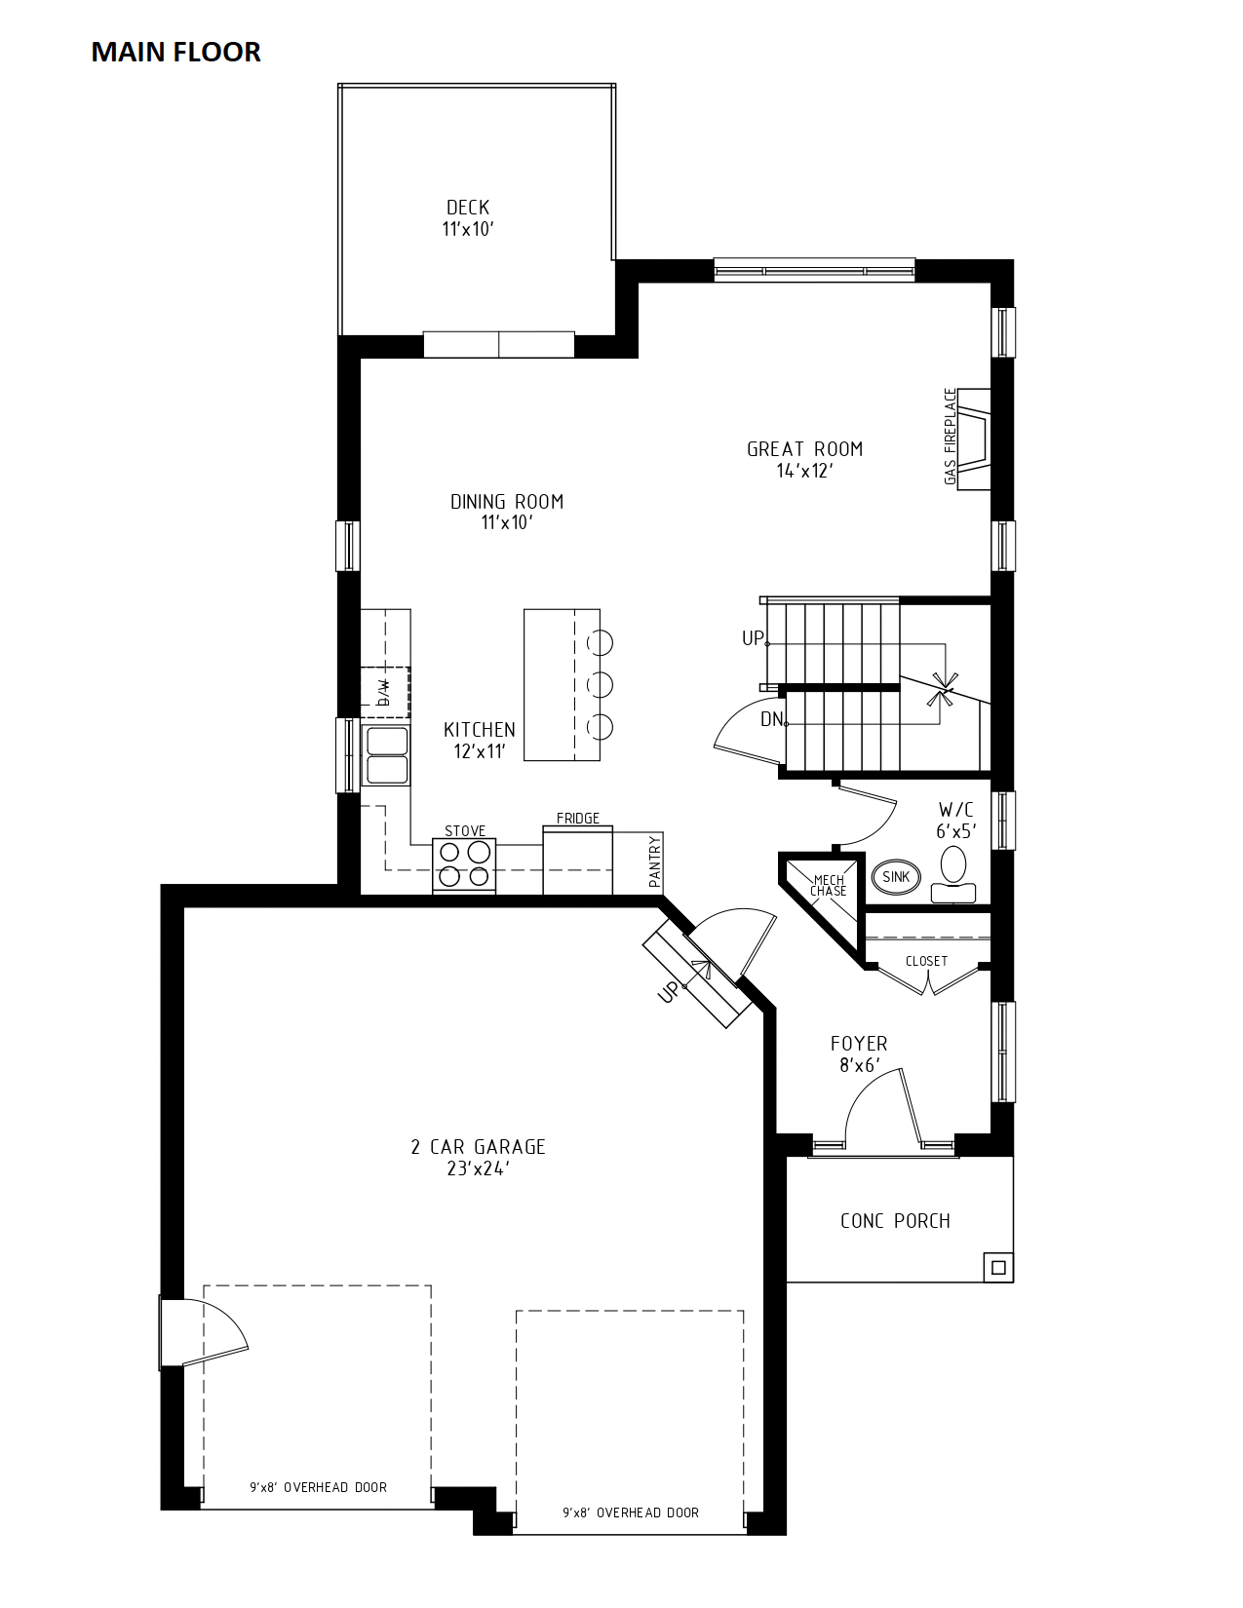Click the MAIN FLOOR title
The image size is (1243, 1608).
click(x=175, y=53)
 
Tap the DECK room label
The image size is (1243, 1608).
click(x=468, y=208)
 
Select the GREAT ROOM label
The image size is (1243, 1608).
click(x=804, y=449)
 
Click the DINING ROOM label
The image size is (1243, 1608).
click(x=507, y=502)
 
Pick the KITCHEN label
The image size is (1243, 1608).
click(x=479, y=730)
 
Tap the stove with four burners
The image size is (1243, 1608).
click(x=464, y=865)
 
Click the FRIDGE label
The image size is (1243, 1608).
click(x=578, y=818)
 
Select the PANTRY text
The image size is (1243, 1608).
click(x=654, y=861)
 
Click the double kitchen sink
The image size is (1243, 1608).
click(x=386, y=755)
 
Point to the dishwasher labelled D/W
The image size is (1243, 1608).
click(x=385, y=693)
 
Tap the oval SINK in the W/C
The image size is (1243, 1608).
click(x=897, y=877)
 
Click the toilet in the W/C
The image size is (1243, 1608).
click(x=953, y=874)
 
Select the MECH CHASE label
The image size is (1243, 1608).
click(x=829, y=885)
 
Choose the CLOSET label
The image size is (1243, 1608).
click(x=926, y=961)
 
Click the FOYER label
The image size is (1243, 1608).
click(x=859, y=1044)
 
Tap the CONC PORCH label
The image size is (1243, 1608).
click(x=895, y=1221)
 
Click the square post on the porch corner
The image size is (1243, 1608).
click(x=998, y=1268)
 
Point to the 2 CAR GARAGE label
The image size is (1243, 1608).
click(x=479, y=1147)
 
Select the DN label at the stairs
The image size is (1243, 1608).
click(x=772, y=718)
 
